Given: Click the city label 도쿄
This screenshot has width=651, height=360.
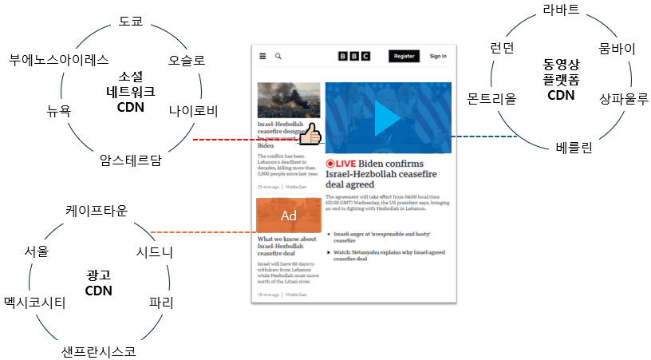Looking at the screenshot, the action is [130, 21].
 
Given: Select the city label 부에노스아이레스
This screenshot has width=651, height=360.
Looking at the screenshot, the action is [58, 60].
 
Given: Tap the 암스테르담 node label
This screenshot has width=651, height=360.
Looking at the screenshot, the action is [131, 159].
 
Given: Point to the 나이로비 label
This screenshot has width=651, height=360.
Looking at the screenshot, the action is [193, 110].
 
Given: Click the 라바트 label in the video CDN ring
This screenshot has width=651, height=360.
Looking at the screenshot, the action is [561, 10].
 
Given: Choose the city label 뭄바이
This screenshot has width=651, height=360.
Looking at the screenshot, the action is [617, 49].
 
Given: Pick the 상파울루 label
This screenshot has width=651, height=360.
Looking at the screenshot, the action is [623, 98].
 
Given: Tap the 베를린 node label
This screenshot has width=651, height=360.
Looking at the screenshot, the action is [574, 147].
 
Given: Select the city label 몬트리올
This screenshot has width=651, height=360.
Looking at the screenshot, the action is [491, 98].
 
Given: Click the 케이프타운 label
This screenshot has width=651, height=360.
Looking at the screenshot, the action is [97, 210].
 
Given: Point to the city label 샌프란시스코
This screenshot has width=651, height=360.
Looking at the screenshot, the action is [97, 350].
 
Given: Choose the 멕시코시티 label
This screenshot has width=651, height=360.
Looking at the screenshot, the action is [34, 303].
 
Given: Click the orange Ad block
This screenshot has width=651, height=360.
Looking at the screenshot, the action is [288, 216].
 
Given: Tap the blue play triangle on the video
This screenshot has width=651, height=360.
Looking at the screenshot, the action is [388, 118].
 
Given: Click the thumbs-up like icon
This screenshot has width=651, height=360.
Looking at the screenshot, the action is [310, 136].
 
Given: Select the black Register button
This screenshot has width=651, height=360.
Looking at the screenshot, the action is [404, 56].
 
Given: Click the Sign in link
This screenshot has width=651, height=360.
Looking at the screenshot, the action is [438, 56].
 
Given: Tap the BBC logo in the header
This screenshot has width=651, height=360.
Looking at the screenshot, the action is [353, 56].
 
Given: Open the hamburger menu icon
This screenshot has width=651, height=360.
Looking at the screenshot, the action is [262, 56].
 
